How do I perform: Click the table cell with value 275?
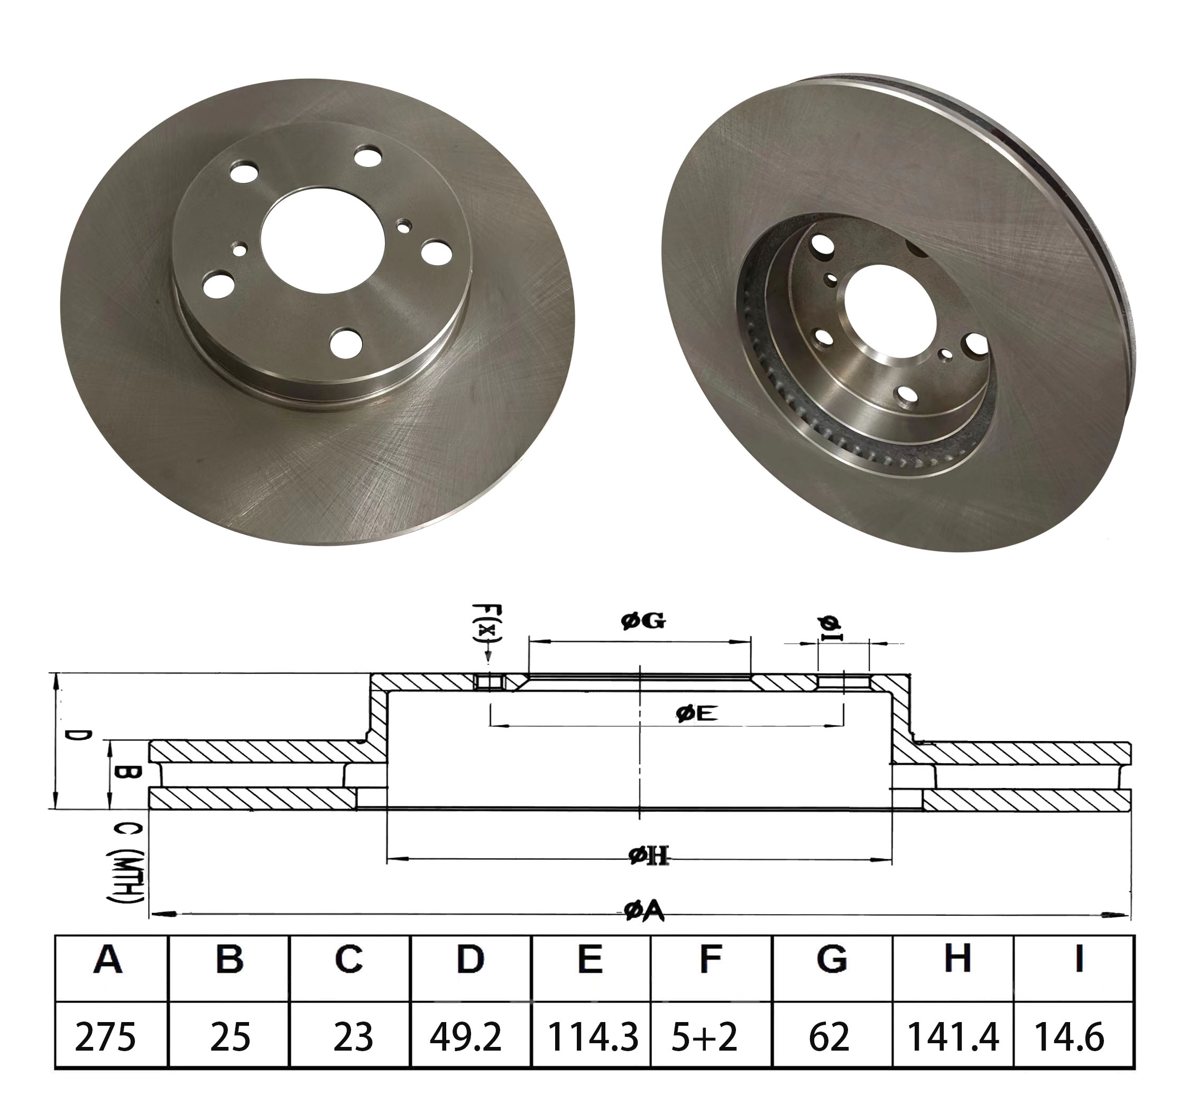click(x=106, y=1037)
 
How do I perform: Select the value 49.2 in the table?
click(x=465, y=1037)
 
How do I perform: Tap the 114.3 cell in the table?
click(x=592, y=1037)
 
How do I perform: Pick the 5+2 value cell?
click(x=705, y=1037)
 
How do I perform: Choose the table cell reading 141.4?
click(x=953, y=1037)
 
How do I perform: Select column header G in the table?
click(x=832, y=959)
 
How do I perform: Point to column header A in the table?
click(x=107, y=959)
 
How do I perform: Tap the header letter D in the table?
click(x=469, y=959)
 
